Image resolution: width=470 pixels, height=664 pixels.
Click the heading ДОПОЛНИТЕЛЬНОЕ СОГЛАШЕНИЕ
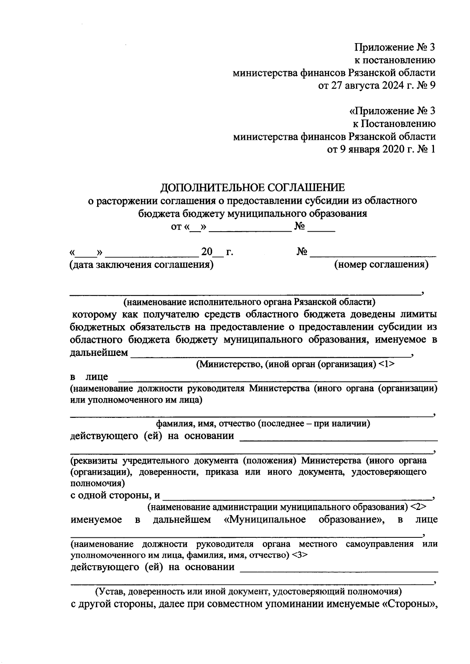click(253, 187)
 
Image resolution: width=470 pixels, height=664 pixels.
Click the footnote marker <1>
click(387, 364)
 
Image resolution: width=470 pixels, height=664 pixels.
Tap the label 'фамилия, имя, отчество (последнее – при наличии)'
click(263, 424)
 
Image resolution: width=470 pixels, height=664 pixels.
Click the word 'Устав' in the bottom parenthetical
click(112, 591)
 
